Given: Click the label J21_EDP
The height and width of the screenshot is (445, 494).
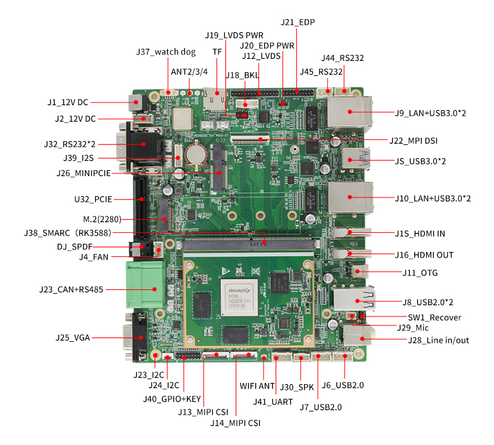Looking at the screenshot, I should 298,22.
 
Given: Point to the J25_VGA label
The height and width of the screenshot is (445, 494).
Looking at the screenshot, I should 72,337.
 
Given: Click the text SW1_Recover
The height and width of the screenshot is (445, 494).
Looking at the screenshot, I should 434,317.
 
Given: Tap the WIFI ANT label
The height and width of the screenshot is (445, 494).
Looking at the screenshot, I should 257,385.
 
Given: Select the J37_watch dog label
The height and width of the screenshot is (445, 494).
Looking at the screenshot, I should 166,52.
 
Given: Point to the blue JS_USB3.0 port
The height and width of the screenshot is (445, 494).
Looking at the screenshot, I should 350,160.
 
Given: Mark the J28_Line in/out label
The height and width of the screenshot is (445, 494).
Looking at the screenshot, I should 438,341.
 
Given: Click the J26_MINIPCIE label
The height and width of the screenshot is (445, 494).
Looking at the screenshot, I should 84,173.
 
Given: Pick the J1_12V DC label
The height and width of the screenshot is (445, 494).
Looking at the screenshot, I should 68,102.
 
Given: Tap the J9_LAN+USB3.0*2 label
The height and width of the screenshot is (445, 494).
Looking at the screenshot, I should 430,113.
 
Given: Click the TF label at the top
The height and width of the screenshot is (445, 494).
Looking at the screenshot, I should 217,51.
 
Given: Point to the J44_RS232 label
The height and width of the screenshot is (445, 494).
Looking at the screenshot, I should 343,58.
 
